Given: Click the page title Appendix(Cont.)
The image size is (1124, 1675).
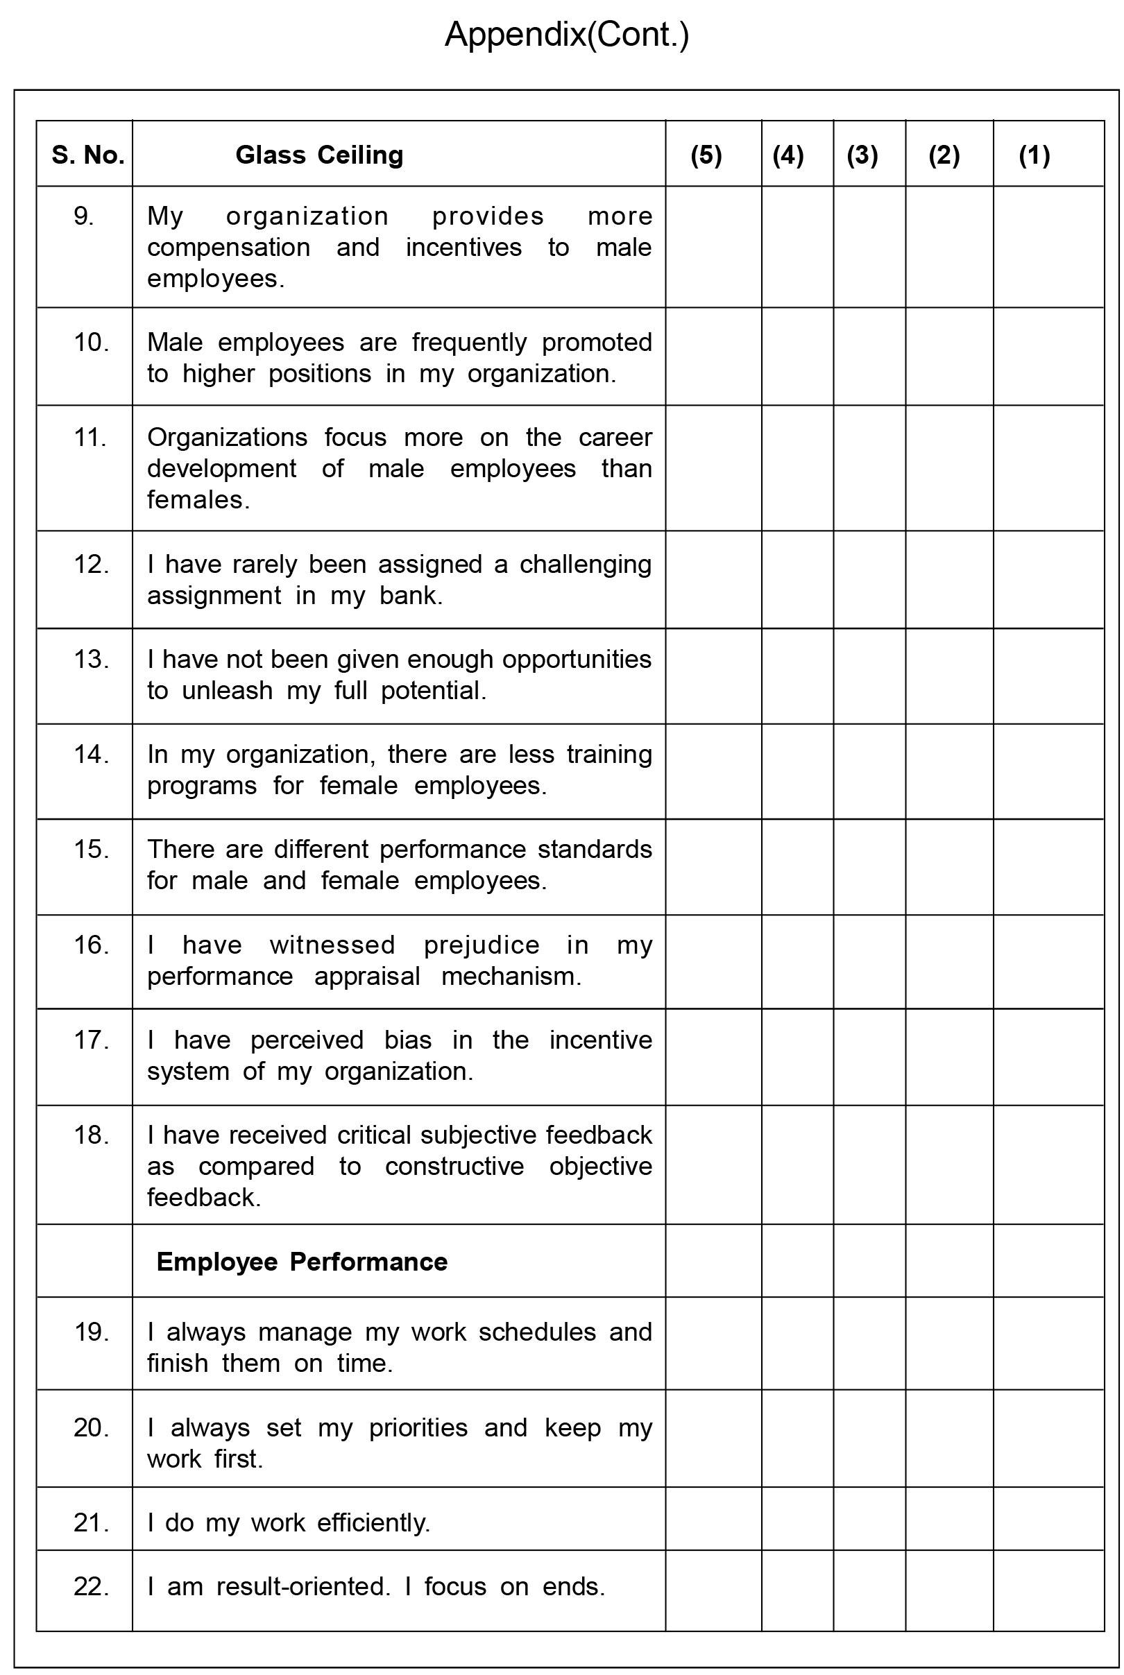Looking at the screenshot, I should click(x=566, y=35).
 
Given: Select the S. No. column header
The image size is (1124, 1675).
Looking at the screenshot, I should click(x=87, y=155).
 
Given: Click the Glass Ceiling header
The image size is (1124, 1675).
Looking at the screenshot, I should click(x=319, y=155).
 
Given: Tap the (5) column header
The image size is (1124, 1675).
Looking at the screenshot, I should click(x=706, y=155).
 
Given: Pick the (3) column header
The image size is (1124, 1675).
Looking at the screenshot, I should click(x=862, y=155).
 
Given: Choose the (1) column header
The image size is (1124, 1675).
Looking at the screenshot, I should click(x=1034, y=155).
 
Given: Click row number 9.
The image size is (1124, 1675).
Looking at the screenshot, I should click(x=84, y=216).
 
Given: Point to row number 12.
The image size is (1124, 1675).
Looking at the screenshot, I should click(x=91, y=565).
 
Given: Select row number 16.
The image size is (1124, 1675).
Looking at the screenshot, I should click(x=91, y=945).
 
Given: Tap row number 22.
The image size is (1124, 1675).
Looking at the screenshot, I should click(x=91, y=1586).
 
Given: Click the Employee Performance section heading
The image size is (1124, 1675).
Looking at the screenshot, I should click(x=302, y=1261).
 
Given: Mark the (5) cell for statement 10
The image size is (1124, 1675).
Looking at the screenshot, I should click(x=713, y=357).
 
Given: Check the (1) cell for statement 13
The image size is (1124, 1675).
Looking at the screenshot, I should click(x=1048, y=676).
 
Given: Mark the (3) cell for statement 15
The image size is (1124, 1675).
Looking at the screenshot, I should click(x=869, y=866).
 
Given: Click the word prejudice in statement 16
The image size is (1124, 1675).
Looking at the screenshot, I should click(x=481, y=945).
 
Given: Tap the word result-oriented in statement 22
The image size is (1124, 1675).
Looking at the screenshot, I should click(x=303, y=1586).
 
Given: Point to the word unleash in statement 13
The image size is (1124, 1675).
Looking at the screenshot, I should click(x=228, y=691).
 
